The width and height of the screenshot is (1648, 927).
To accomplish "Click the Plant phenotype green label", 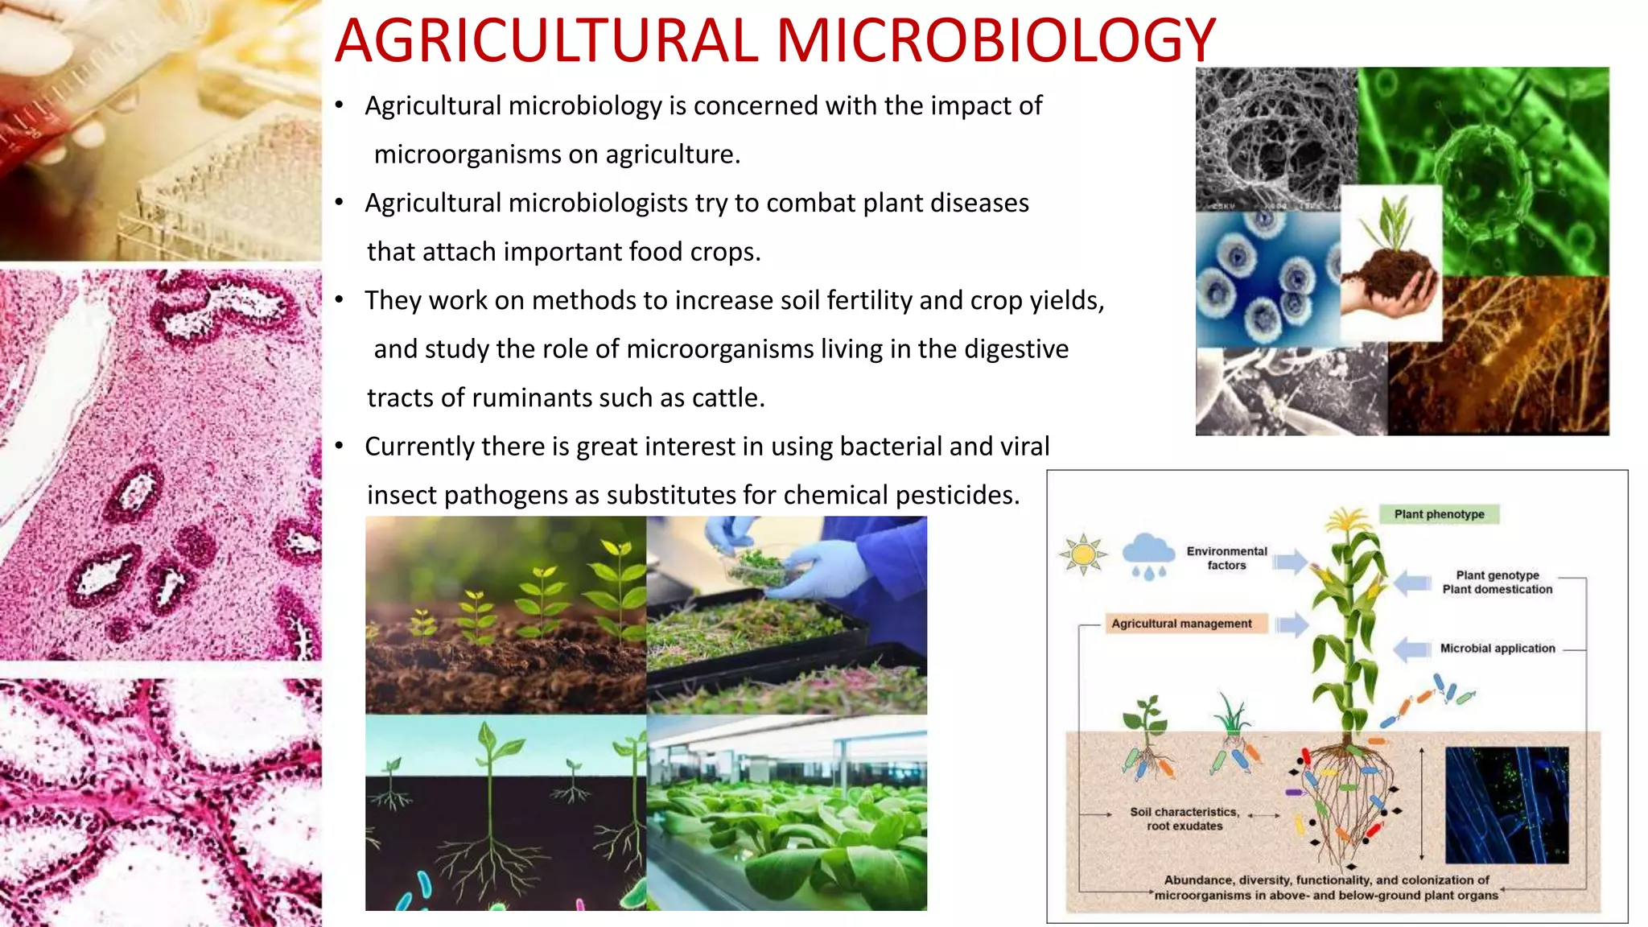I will tap(1439, 514).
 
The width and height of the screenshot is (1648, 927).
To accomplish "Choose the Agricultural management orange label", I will tap(1181, 624).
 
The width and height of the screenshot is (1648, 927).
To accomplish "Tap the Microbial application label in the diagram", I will tap(1497, 649).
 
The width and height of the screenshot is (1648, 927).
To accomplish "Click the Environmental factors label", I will tap(1226, 558).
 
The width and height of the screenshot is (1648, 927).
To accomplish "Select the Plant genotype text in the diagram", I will tap(1497, 575).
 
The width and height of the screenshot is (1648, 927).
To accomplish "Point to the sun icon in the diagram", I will tap(1083, 554).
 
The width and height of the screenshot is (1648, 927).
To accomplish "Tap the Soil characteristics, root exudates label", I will tap(1184, 818).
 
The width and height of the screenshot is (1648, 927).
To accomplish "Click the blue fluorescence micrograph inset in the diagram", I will tap(1506, 805).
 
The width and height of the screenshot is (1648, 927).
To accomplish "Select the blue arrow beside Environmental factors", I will tap(1290, 561).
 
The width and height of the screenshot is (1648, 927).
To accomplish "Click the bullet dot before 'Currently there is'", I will tap(340, 446).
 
